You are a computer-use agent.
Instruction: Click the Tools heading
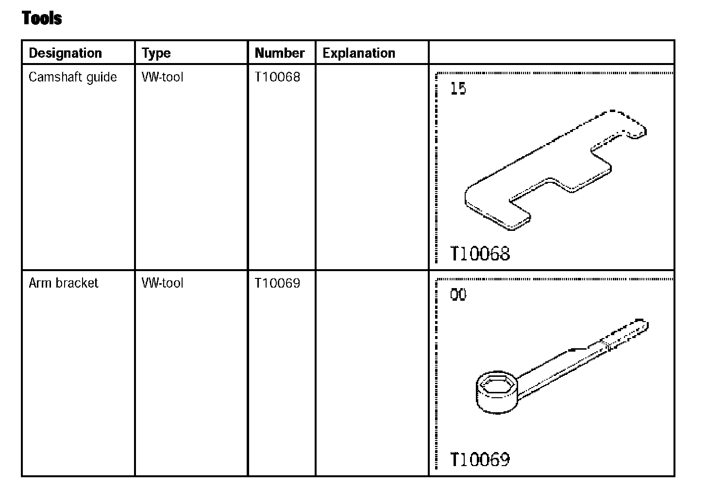coord(42,17)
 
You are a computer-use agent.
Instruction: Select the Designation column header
coord(66,53)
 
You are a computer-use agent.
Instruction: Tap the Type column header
coord(156,53)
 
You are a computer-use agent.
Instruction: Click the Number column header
coord(280,53)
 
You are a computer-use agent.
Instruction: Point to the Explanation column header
coord(359,53)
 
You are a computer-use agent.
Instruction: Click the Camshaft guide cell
coord(73,77)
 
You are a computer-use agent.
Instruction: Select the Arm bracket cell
coord(64,283)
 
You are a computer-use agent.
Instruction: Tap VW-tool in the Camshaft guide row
coord(162,77)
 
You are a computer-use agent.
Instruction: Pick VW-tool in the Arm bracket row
coord(162,283)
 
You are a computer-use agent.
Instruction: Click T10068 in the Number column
coord(277,77)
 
